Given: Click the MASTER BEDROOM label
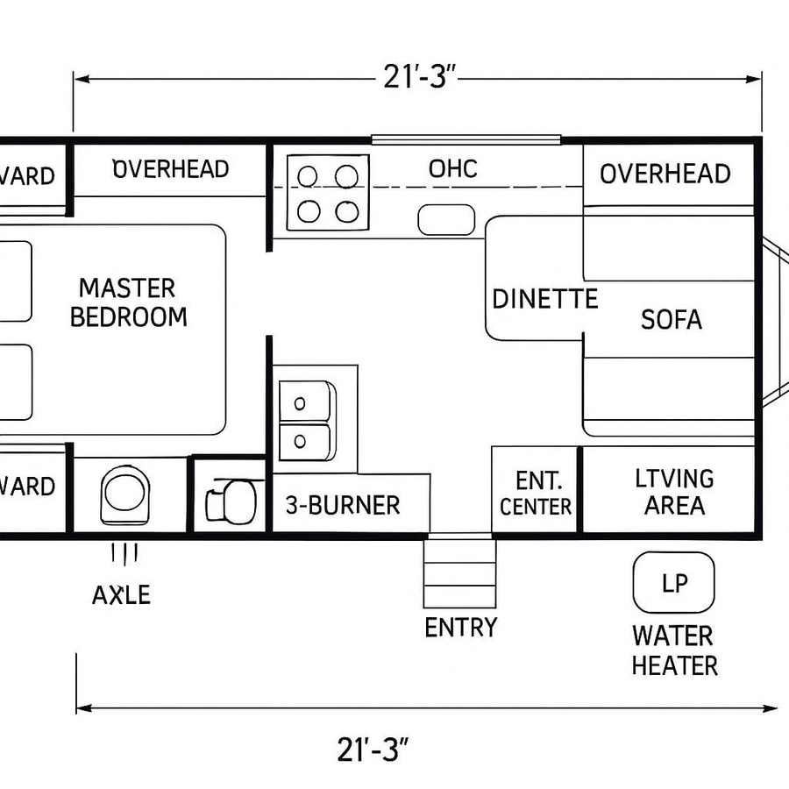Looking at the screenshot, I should pyautogui.click(x=129, y=302).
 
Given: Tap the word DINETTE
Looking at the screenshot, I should pyautogui.click(x=544, y=299).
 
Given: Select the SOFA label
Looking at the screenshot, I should pyautogui.click(x=671, y=319).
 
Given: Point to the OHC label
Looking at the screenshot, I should pyautogui.click(x=453, y=168).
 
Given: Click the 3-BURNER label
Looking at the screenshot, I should pyautogui.click(x=343, y=505).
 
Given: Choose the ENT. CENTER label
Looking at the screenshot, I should pyautogui.click(x=536, y=493).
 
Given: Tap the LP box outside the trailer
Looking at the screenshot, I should pyautogui.click(x=673, y=582).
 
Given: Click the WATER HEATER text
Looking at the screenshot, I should pyautogui.click(x=673, y=650).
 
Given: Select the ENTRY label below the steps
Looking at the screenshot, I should pyautogui.click(x=460, y=628).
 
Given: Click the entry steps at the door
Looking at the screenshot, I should pyautogui.click(x=459, y=574).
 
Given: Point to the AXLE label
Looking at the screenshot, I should pyautogui.click(x=121, y=595).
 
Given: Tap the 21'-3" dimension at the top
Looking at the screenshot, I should pyautogui.click(x=416, y=78).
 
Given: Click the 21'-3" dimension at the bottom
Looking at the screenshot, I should pyautogui.click(x=373, y=750).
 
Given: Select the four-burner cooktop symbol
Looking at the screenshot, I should pyautogui.click(x=327, y=193).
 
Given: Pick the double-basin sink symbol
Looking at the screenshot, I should pyautogui.click(x=307, y=420).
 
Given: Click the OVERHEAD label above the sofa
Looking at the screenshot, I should pyautogui.click(x=665, y=174).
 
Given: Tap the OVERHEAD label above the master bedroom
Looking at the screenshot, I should pyautogui.click(x=171, y=168).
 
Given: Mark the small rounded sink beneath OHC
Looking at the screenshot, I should pyautogui.click(x=446, y=219).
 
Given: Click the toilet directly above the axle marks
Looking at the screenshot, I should pyautogui.click(x=125, y=494).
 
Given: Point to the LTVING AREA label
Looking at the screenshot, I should pyautogui.click(x=673, y=492).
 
